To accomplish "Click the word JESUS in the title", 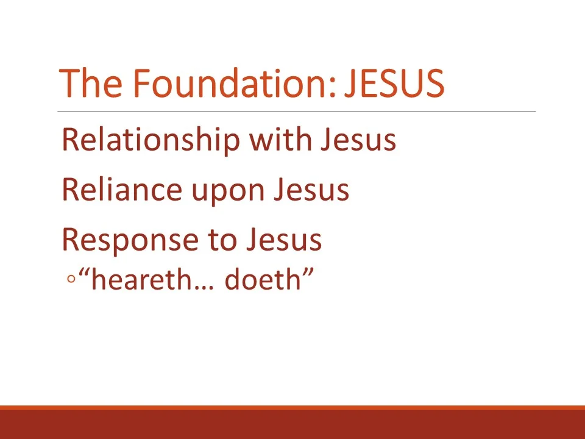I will point(394,84).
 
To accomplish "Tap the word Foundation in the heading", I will point(233,84).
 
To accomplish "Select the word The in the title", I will point(91,84).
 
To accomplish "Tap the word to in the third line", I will point(222,241).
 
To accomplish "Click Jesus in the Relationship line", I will point(358,140).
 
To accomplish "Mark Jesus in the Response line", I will point(283,240).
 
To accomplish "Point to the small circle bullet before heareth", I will point(71,280).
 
